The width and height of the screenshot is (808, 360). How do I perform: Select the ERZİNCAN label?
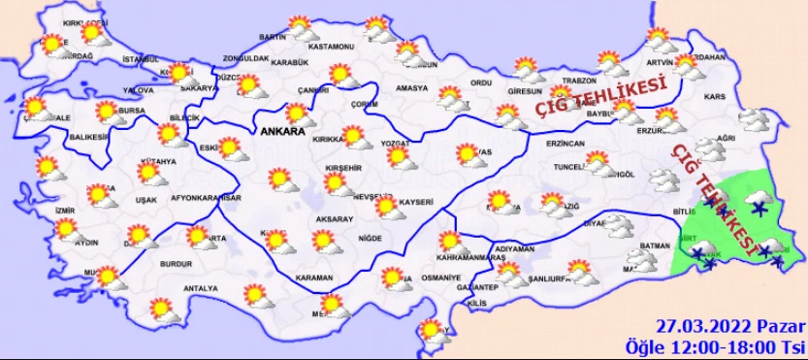click(566, 143)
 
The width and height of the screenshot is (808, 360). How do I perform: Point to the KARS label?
click(715, 98)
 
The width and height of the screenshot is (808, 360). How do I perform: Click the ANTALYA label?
click(201, 288)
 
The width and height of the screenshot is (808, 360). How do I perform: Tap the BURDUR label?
click(176, 263)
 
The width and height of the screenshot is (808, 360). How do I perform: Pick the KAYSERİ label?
click(414, 203)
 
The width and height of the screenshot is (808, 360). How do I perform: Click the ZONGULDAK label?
click(245, 58)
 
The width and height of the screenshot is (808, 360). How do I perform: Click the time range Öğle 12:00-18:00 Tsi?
click(715, 346)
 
